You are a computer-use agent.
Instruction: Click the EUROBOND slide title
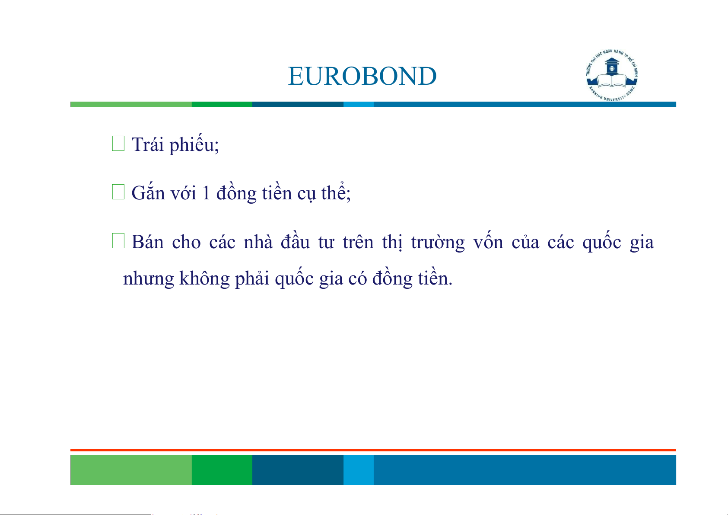pos(362,76)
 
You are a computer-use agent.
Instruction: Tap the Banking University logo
pos(612,75)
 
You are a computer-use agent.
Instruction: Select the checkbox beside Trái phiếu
pos(118,144)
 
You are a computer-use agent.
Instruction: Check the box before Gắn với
pos(118,192)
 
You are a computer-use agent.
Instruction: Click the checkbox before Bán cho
pos(118,241)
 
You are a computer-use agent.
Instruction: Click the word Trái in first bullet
pos(148,144)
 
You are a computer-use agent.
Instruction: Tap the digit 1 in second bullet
pos(206,193)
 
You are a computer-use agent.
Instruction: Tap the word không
pos(204,278)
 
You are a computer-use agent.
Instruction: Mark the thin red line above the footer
pos(373,450)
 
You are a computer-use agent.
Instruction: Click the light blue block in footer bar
pos(359,470)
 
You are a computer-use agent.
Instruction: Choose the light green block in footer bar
pos(131,470)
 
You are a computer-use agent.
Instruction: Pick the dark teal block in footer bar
pos(298,470)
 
